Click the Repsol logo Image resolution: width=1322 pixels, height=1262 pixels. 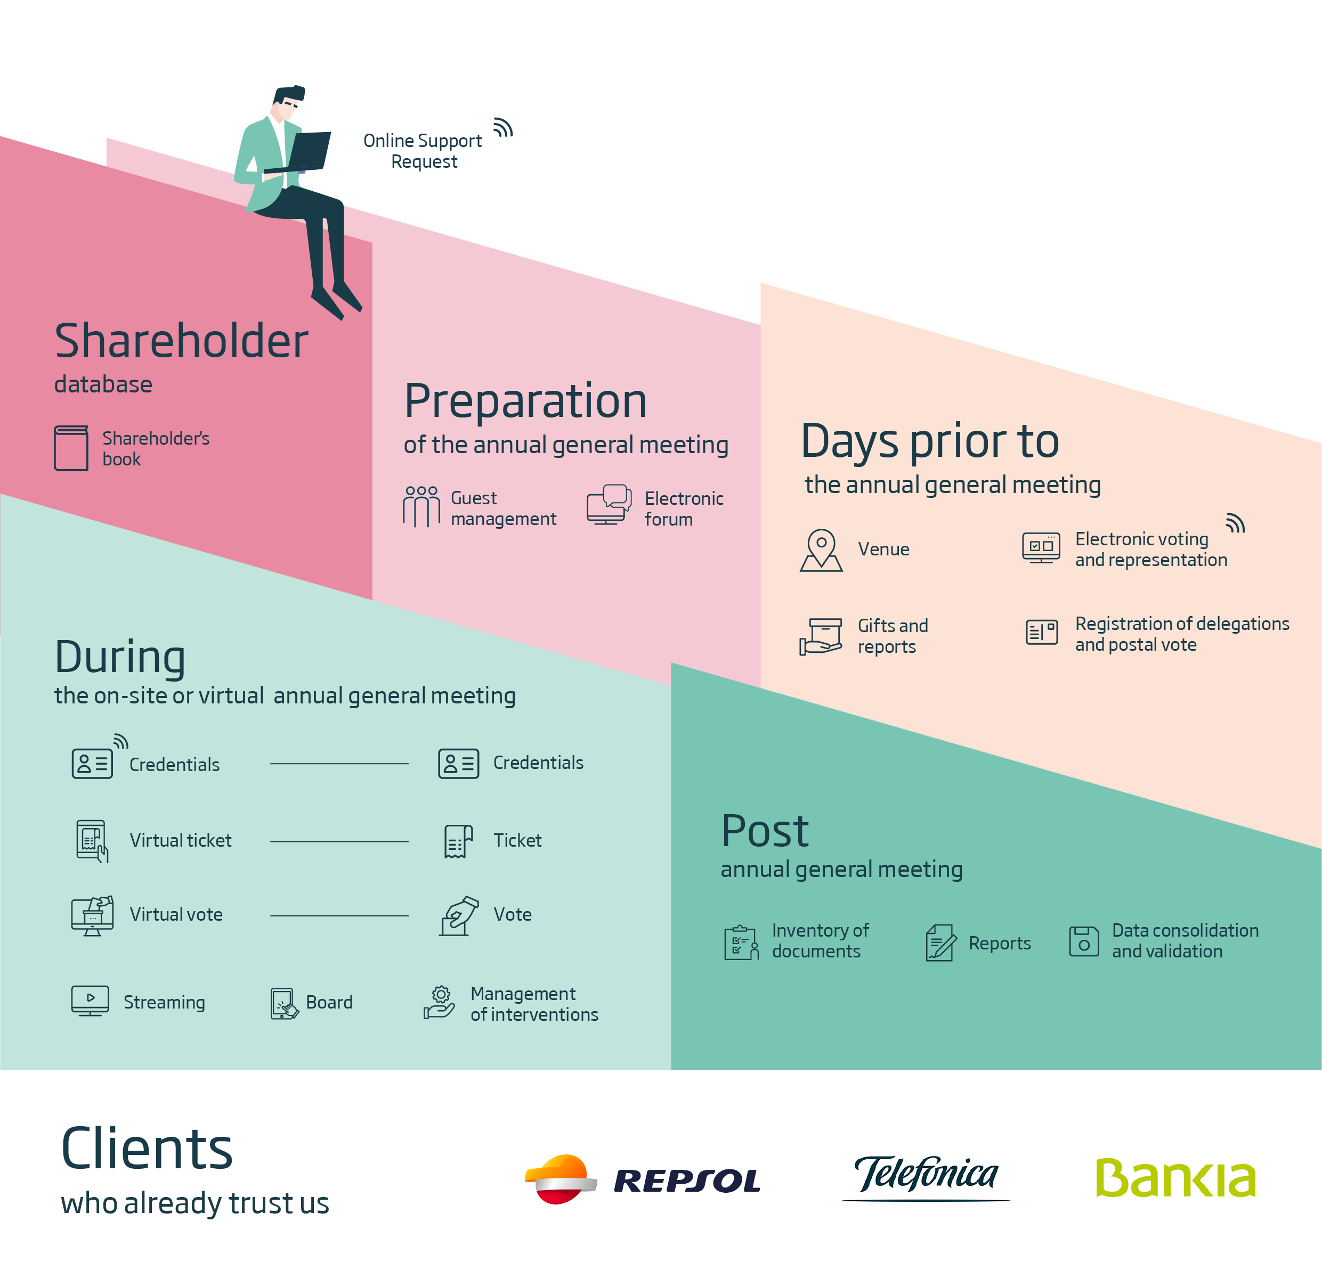(642, 1179)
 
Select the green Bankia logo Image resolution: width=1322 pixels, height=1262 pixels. (1175, 1177)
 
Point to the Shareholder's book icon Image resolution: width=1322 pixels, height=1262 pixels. (71, 448)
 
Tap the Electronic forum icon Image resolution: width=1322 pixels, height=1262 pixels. (609, 504)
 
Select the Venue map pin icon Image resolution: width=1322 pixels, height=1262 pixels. (821, 550)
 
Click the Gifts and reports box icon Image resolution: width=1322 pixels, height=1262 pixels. (821, 636)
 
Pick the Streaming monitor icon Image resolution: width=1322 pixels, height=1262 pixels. (90, 1001)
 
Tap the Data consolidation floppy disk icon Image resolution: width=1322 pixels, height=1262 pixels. (1084, 941)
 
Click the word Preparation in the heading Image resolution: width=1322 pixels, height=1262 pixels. (525, 401)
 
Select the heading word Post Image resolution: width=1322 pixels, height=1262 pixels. (765, 831)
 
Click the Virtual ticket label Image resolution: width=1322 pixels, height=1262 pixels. (181, 840)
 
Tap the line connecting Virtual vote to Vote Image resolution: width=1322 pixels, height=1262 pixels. (339, 915)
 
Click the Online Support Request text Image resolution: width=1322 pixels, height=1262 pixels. (423, 151)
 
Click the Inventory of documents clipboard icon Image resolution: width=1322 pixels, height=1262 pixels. (741, 942)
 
